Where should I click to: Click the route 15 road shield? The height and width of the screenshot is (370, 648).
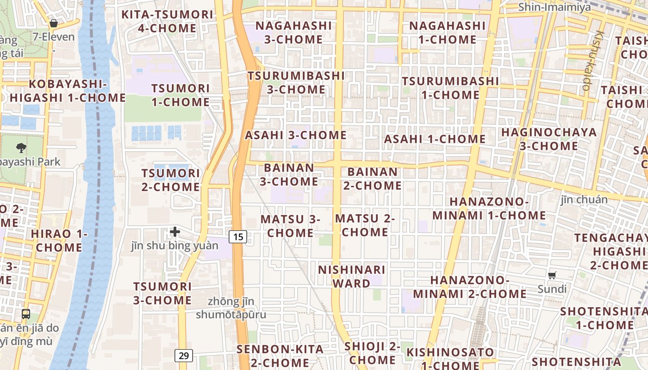pyautogui.click(x=238, y=237)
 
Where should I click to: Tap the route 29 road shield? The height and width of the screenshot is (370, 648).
pyautogui.click(x=184, y=356)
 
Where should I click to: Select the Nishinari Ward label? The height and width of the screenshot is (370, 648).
pyautogui.click(x=352, y=276)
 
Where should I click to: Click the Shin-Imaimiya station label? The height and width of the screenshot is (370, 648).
pyautogui.click(x=555, y=7)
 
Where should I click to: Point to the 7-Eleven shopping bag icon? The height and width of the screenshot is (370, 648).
pyautogui.click(x=54, y=23)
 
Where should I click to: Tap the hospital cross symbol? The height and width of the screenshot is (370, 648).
pyautogui.click(x=175, y=231)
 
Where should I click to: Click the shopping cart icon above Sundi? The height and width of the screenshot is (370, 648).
pyautogui.click(x=552, y=276)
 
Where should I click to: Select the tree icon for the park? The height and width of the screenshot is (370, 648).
pyautogui.click(x=21, y=148)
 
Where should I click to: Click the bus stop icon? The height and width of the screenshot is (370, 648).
pyautogui.click(x=26, y=314)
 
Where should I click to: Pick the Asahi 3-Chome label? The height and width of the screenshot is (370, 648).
pyautogui.click(x=296, y=136)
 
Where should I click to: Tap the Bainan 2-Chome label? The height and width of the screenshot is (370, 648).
pyautogui.click(x=373, y=179)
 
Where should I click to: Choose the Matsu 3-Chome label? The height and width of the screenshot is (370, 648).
pyautogui.click(x=290, y=226)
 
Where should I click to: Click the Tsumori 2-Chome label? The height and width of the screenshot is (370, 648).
pyautogui.click(x=171, y=180)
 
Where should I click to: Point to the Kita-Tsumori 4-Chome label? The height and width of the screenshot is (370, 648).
pyautogui.click(x=167, y=21)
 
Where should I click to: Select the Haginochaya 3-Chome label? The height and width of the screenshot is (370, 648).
pyautogui.click(x=549, y=139)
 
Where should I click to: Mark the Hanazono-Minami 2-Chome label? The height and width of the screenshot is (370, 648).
pyautogui.click(x=470, y=287)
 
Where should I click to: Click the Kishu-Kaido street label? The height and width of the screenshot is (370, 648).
pyautogui.click(x=593, y=60)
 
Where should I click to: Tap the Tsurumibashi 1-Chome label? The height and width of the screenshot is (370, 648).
pyautogui.click(x=450, y=88)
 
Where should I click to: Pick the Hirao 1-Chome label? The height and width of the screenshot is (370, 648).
pyautogui.click(x=59, y=240)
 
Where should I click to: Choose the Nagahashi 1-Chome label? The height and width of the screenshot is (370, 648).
pyautogui.click(x=447, y=32)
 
